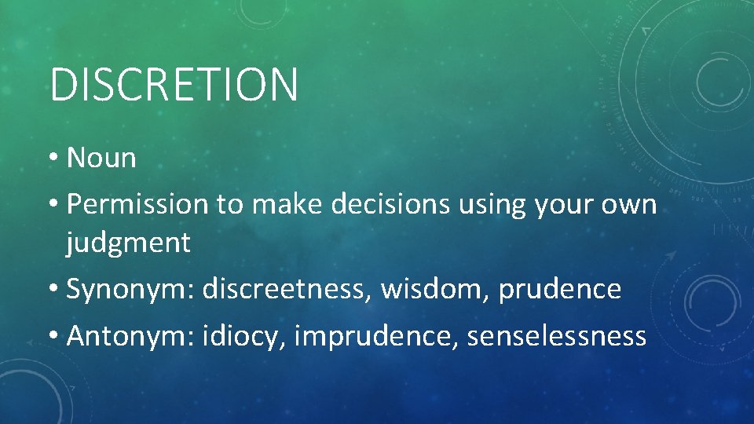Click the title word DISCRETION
pos(174,85)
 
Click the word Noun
pos(101,158)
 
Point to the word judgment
pos(128,243)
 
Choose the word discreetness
pos(287,290)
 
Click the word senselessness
pos(556,336)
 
